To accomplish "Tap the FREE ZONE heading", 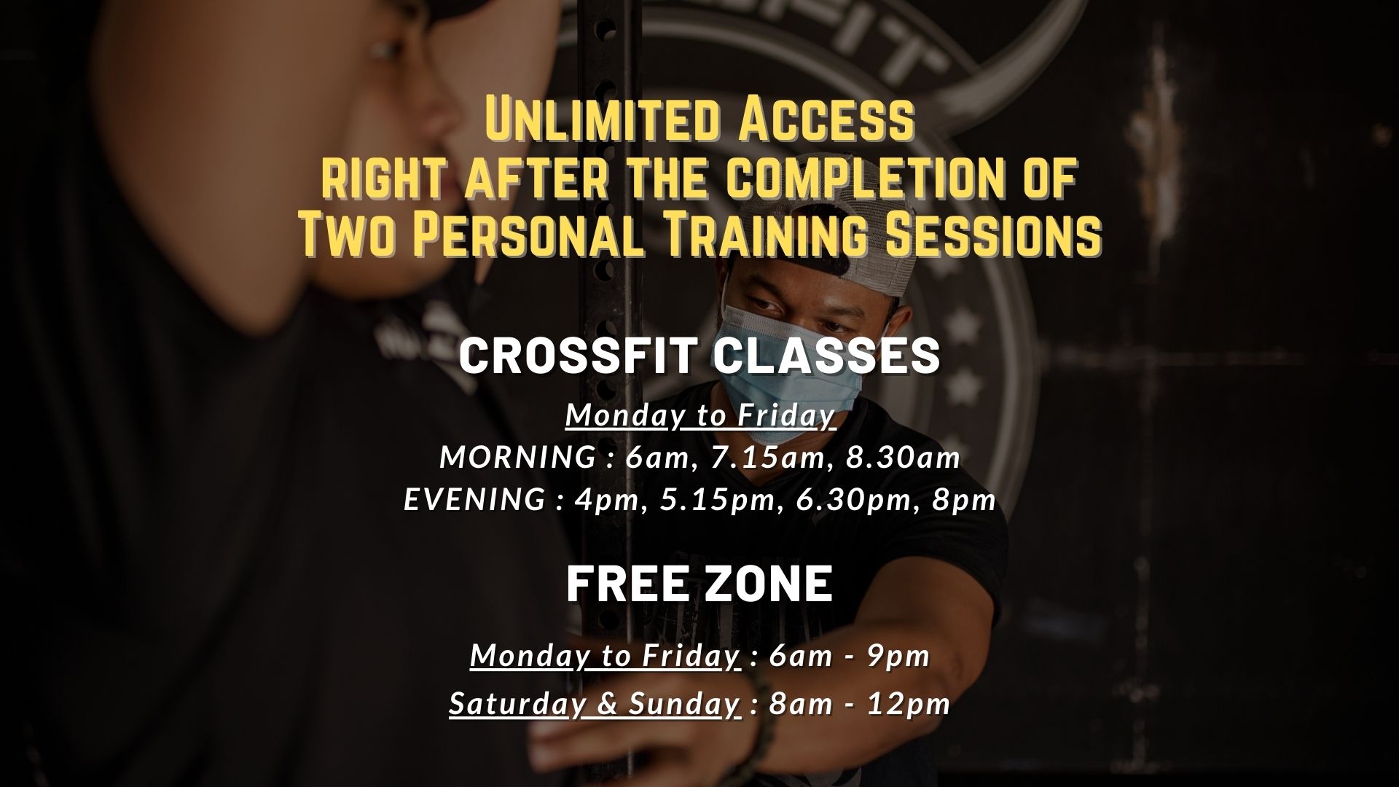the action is pyautogui.click(x=699, y=584).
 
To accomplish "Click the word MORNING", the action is pyautogui.click(x=518, y=458).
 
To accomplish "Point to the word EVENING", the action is pyautogui.click(x=474, y=500).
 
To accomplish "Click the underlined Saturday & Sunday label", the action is pyautogui.click(x=595, y=705).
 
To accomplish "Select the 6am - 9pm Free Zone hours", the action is pyautogui.click(x=850, y=656).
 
